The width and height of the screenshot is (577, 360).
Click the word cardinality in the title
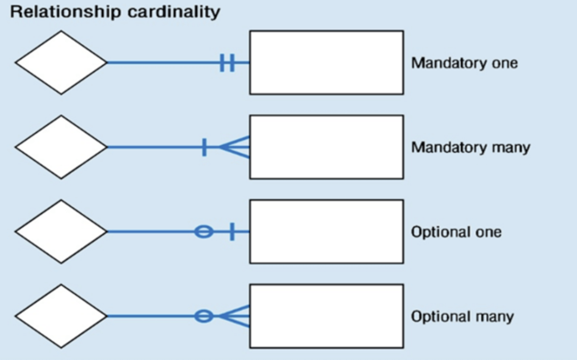(x=174, y=11)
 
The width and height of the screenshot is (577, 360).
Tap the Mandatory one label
(x=465, y=63)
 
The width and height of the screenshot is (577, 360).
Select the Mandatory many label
(x=471, y=147)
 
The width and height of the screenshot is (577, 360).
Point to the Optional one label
(x=456, y=232)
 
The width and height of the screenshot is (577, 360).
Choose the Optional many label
(x=463, y=316)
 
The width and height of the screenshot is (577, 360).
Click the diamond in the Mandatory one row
(x=61, y=63)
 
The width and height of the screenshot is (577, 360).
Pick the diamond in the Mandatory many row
(x=61, y=147)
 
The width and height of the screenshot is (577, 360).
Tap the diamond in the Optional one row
(x=61, y=231)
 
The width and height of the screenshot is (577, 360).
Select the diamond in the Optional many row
(x=61, y=316)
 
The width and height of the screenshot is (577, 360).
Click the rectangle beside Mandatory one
(x=326, y=63)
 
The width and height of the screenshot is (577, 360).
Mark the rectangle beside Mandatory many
(x=326, y=147)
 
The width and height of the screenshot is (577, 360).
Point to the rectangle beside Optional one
(x=326, y=231)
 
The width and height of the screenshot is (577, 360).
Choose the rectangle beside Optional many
(x=326, y=316)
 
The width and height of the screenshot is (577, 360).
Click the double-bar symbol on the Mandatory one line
(x=227, y=63)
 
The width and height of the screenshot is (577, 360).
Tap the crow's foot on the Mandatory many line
(x=236, y=147)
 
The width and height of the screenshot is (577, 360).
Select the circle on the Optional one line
(x=204, y=231)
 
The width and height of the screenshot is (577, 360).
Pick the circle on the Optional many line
(x=204, y=316)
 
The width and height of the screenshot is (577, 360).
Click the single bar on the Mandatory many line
(x=204, y=147)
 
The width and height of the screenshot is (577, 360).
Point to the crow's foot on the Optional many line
(x=236, y=316)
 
